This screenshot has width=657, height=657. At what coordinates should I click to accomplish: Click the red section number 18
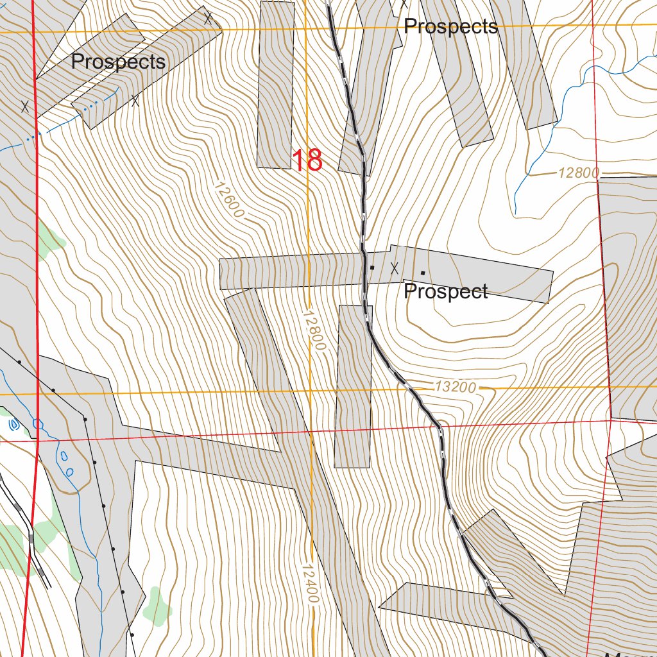pyautogui.click(x=307, y=160)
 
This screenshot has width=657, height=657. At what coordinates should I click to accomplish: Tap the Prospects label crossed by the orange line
pyautogui.click(x=450, y=26)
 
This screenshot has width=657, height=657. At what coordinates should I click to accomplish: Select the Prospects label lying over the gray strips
pyautogui.click(x=118, y=62)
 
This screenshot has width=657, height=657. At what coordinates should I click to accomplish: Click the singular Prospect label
pyautogui.click(x=445, y=291)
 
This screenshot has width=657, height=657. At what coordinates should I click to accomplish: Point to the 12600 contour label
pyautogui.click(x=229, y=200)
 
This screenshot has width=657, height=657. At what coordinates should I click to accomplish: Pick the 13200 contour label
pyautogui.click(x=455, y=388)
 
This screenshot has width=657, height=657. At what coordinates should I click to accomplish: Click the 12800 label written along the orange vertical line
pyautogui.click(x=314, y=330)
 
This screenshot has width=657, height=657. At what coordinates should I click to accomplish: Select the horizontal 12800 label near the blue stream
pyautogui.click(x=577, y=173)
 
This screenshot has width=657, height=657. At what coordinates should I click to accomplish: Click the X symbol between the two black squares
pyautogui.click(x=395, y=268)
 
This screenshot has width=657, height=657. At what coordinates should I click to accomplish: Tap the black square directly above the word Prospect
pyautogui.click(x=423, y=273)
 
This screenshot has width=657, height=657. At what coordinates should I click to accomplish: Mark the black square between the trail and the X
pyautogui.click(x=372, y=267)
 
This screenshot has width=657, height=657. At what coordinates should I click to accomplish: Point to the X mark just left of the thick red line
pyautogui.click(x=25, y=107)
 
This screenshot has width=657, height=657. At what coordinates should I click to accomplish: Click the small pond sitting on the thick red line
pyautogui.click(x=38, y=424)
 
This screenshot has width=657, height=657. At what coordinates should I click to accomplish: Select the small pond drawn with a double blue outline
pyautogui.click(x=13, y=424)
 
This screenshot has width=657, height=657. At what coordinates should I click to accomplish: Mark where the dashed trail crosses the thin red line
pyautogui.click(x=440, y=427)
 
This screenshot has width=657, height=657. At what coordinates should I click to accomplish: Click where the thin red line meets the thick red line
pyautogui.click(x=38, y=441)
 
